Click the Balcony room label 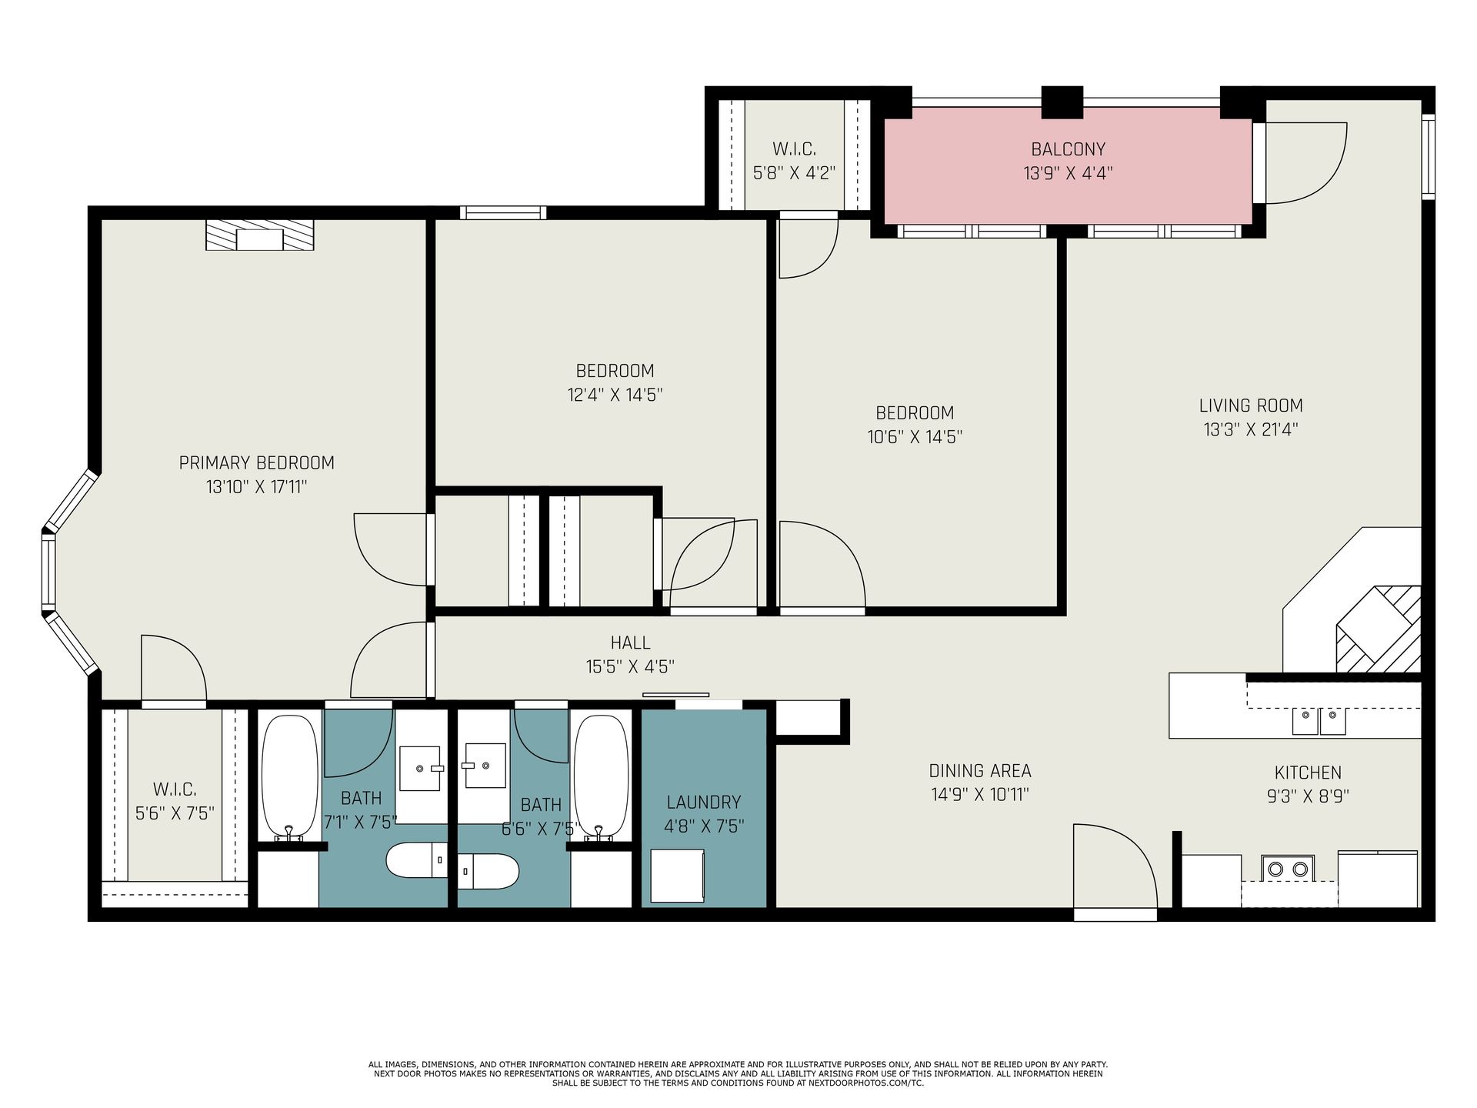click(x=1068, y=149)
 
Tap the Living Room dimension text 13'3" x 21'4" click(x=1251, y=429)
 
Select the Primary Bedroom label click(x=256, y=463)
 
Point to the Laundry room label click(x=704, y=803)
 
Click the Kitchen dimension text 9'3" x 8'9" click(x=1308, y=796)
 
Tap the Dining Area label click(x=980, y=771)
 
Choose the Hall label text click(x=630, y=642)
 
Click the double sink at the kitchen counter click(x=1319, y=722)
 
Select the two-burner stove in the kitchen click(x=1288, y=869)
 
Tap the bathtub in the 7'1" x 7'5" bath click(x=289, y=777)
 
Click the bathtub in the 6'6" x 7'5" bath click(x=602, y=777)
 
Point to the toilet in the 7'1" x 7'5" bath click(x=416, y=861)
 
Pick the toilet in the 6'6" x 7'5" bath click(x=488, y=872)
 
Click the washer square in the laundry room click(x=677, y=876)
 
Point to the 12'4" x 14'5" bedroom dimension click(x=615, y=395)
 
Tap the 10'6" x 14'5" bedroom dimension click(x=915, y=437)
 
